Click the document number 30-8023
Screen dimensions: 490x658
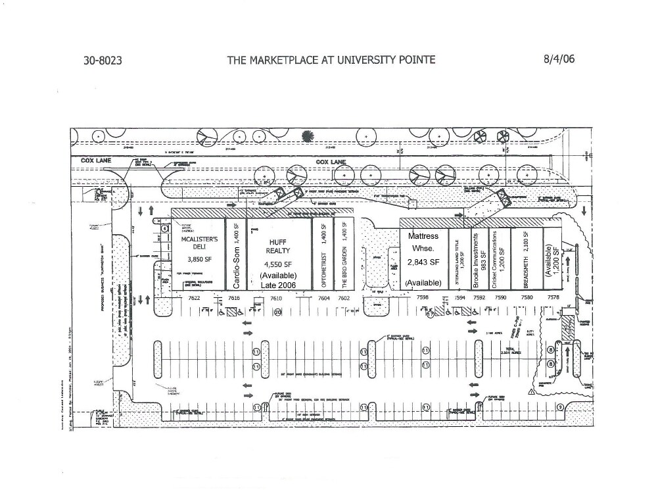point(103,61)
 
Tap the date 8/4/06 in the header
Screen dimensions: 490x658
point(559,59)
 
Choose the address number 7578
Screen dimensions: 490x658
point(553,297)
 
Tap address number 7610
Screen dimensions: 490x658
point(277,298)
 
